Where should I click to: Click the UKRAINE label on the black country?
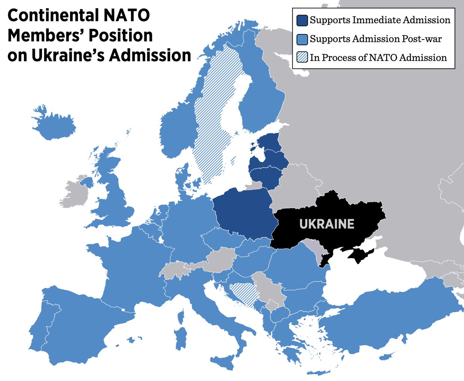(x=327, y=224)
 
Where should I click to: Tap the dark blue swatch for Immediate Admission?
(x=302, y=20)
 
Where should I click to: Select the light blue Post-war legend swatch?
(x=302, y=39)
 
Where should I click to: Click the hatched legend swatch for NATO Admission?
(x=302, y=58)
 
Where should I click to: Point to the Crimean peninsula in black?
(x=359, y=254)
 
